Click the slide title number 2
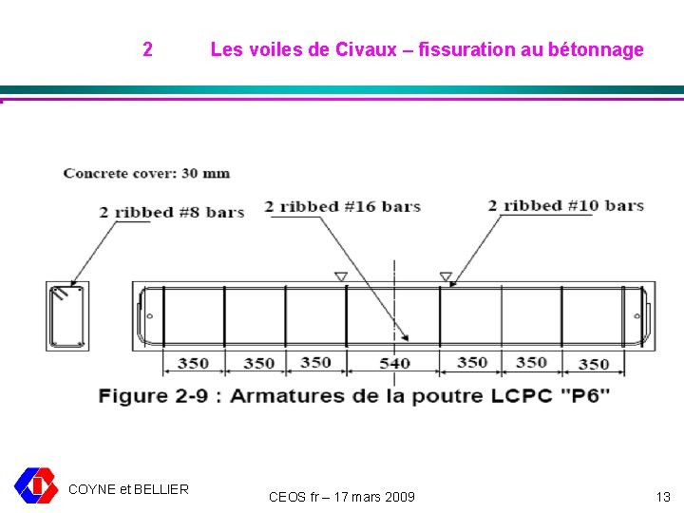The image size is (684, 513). [147, 49]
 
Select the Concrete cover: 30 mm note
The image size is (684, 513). [146, 173]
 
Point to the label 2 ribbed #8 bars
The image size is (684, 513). [172, 212]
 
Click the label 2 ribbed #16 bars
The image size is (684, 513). [342, 206]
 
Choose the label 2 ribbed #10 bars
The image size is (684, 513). [565, 206]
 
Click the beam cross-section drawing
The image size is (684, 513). [66, 315]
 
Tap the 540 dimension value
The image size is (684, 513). [395, 363]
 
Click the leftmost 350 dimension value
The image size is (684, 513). [193, 363]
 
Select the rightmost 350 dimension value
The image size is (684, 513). [594, 363]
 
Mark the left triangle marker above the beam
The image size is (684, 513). [341, 276]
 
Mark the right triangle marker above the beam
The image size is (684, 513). [446, 276]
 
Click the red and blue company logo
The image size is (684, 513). [35, 484]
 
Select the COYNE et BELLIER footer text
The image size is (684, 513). [129, 489]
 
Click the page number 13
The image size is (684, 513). [663, 497]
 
